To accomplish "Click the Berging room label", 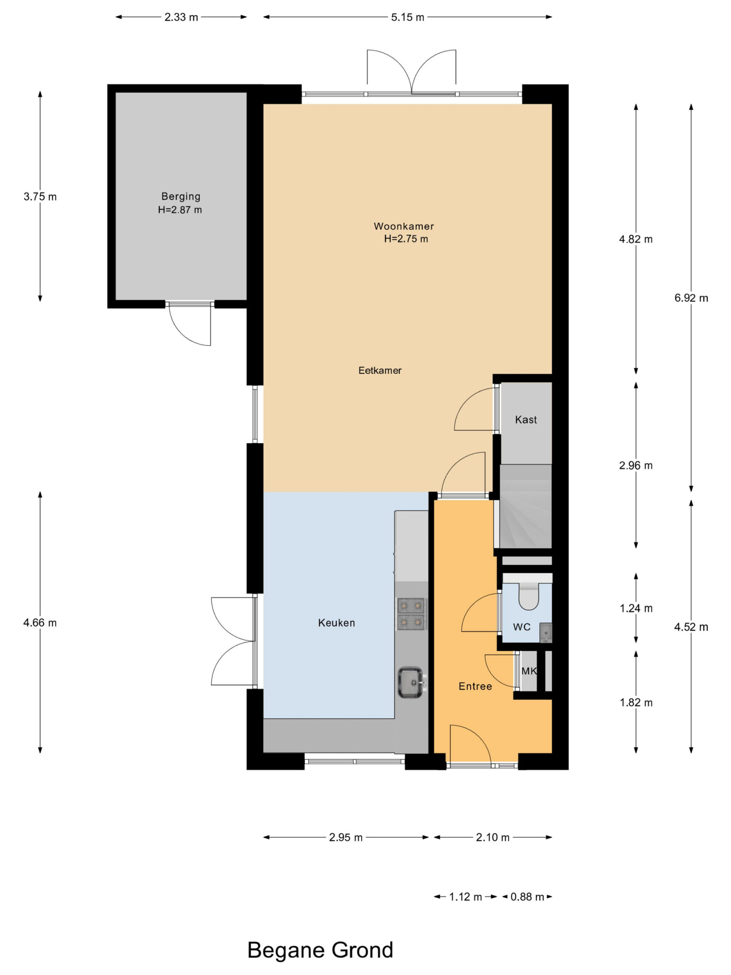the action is pyautogui.click(x=181, y=196).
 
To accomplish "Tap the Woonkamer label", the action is pyautogui.click(x=404, y=226).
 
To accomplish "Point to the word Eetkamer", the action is pyautogui.click(x=380, y=370).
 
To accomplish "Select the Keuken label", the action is pyautogui.click(x=336, y=623).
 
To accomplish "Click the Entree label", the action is pyautogui.click(x=475, y=686).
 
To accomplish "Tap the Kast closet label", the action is pyautogui.click(x=526, y=420).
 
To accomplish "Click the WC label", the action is pyautogui.click(x=522, y=627).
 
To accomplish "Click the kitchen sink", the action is pyautogui.click(x=411, y=682).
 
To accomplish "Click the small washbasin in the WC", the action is pyautogui.click(x=546, y=633).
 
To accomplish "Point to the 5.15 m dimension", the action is pyautogui.click(x=408, y=17).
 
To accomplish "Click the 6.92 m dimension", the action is pyautogui.click(x=691, y=298).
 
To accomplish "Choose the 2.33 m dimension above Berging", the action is pyautogui.click(x=181, y=17).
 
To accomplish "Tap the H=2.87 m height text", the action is pyautogui.click(x=180, y=210).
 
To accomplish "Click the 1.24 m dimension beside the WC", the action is pyautogui.click(x=636, y=608).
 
